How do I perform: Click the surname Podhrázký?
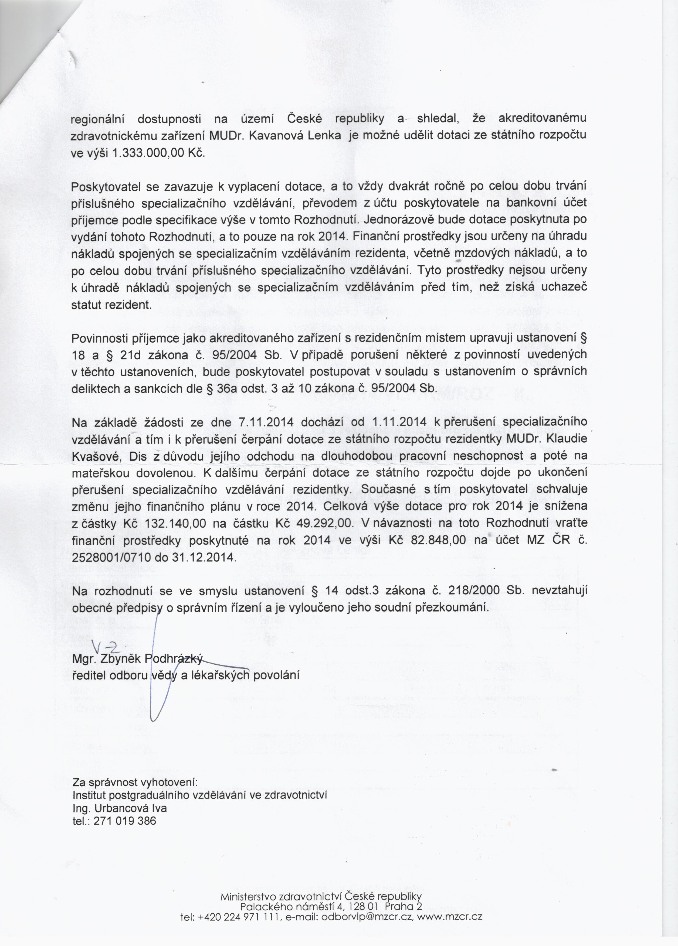tap(174, 659)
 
